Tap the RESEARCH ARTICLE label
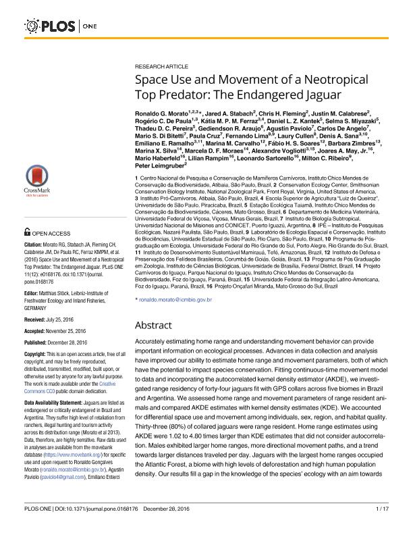click(163, 68)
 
